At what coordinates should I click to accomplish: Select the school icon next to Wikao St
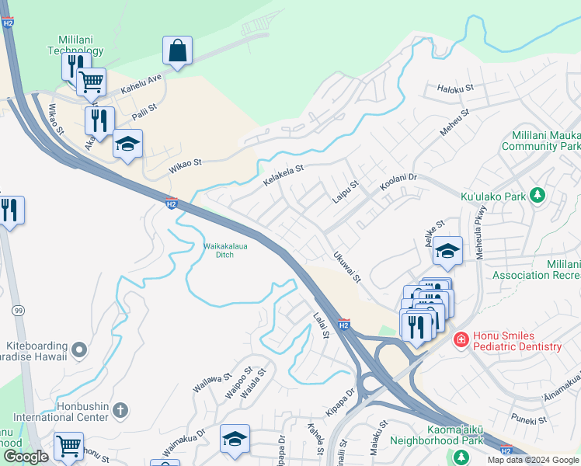pyautogui.click(x=127, y=144)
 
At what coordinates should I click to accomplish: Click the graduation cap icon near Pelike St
pyautogui.click(x=447, y=251)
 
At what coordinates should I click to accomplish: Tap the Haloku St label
pyautogui.click(x=455, y=89)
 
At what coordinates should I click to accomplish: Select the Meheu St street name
pyautogui.click(x=454, y=123)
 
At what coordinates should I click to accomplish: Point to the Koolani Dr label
pyautogui.click(x=398, y=183)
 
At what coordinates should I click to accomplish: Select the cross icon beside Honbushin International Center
pyautogui.click(x=120, y=409)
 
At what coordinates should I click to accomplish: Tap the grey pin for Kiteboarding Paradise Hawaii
pyautogui.click(x=78, y=352)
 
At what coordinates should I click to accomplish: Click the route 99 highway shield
pyautogui.click(x=16, y=311)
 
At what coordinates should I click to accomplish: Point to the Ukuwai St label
pyautogui.click(x=346, y=266)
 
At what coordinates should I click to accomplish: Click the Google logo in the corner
pyautogui.click(x=26, y=457)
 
